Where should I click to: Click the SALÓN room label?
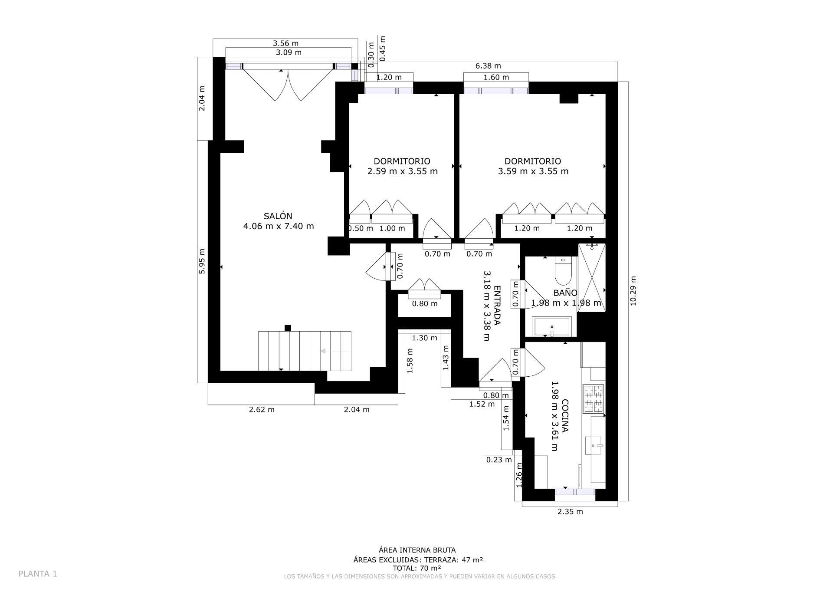click(x=278, y=216)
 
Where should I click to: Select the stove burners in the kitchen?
click(x=594, y=399)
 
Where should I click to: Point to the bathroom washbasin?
click(x=552, y=327)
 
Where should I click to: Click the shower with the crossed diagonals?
click(x=592, y=278)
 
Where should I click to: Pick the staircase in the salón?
click(x=305, y=351)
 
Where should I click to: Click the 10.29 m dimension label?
click(x=633, y=291)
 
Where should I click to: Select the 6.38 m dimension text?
click(x=488, y=66)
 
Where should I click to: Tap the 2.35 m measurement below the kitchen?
click(x=570, y=512)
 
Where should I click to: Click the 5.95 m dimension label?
click(x=202, y=261)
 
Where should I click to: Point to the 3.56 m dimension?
click(x=285, y=43)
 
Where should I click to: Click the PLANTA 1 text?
click(x=38, y=574)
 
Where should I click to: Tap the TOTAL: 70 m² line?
click(x=416, y=568)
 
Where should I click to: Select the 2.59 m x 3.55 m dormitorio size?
click(x=402, y=171)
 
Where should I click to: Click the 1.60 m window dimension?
click(x=496, y=77)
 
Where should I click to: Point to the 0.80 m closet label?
click(x=425, y=304)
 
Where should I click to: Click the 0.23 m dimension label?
click(x=499, y=460)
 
